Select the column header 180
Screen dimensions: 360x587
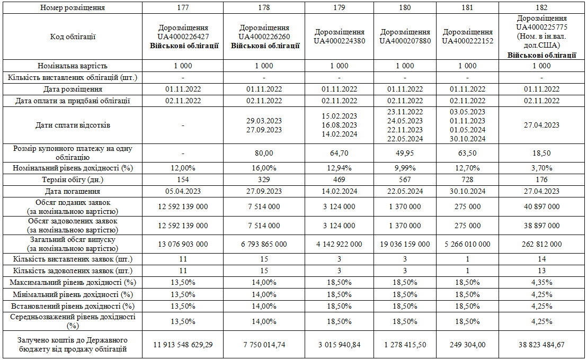point(405,8)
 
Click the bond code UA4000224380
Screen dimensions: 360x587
point(339,41)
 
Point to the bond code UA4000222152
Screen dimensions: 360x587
point(467,41)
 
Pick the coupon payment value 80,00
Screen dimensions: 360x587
point(264,153)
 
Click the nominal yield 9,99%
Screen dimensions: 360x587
point(405,168)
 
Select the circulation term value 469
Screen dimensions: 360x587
point(339,179)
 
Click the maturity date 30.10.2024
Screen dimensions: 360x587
point(467,191)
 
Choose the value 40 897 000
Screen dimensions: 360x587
point(541,206)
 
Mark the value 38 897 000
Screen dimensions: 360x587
point(541,226)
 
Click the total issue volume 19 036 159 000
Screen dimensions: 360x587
point(405,244)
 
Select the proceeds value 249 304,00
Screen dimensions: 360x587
point(467,345)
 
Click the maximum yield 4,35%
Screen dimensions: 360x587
point(541,282)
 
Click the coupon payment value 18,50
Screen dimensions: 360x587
point(541,153)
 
